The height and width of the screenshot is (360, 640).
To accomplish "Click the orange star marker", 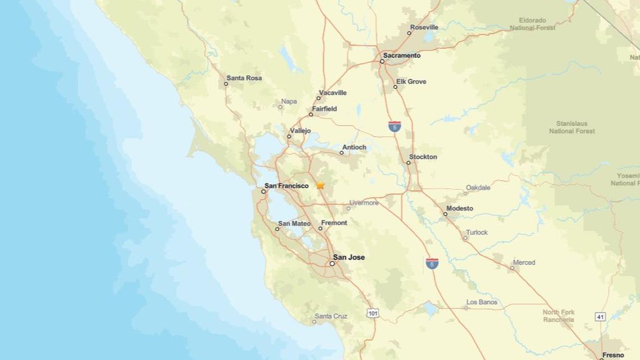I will (320, 185).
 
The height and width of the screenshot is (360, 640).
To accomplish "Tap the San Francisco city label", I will (286, 186).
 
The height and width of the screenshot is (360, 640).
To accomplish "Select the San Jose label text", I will (349, 257).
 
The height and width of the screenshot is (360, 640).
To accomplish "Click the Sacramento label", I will (401, 56).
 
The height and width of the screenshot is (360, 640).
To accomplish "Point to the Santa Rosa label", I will (244, 78).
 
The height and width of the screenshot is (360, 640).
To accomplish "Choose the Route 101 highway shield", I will (373, 313).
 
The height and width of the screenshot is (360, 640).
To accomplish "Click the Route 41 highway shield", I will (601, 317).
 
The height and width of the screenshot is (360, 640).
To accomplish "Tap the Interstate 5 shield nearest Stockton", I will (395, 126).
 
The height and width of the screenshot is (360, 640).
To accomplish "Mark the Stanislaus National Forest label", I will (572, 127).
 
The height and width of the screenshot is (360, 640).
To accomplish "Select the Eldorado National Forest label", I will (532, 24).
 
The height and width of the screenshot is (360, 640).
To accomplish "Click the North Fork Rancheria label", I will (558, 316).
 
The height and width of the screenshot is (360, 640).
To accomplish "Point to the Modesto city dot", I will (445, 214).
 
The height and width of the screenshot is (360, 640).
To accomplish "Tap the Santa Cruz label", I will (331, 316).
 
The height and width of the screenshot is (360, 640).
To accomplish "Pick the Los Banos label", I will (482, 302).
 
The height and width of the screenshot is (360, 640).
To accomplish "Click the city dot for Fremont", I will (321, 229).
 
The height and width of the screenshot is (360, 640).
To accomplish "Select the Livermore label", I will (364, 203).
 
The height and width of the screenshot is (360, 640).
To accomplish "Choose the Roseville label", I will (424, 27).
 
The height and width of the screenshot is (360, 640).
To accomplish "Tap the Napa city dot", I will (281, 107).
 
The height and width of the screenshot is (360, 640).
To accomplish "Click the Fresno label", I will (612, 355).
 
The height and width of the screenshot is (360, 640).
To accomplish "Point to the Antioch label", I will (354, 147).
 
